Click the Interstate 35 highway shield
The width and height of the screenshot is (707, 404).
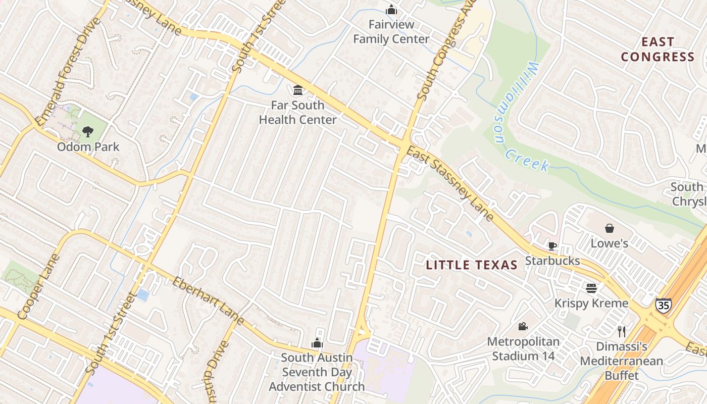pos(664,306)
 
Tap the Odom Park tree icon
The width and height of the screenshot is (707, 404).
pos(88,132)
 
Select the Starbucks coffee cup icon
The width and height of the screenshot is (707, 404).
pos(552,246)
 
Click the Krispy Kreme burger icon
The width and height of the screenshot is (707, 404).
pos(591,288)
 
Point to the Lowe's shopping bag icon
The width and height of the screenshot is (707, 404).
pos(610,228)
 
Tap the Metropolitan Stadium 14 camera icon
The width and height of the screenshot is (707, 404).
pos(523,327)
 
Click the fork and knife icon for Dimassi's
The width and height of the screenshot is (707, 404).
pos(622,331)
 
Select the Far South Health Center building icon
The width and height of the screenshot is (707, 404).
pos(298,90)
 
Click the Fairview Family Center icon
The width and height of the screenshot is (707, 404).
pos(391,10)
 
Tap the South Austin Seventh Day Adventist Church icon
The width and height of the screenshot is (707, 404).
pos(317,343)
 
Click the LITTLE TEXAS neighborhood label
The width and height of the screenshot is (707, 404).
pos(472,265)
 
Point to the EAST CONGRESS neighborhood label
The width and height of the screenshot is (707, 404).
pos(658,49)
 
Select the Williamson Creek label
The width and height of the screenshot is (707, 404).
pos(522,119)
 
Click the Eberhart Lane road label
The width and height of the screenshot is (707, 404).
pos(208,300)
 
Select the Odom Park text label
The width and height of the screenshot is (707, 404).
pos(88,147)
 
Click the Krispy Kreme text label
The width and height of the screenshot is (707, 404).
pos(591,303)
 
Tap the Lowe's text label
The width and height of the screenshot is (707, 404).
pos(610,243)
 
